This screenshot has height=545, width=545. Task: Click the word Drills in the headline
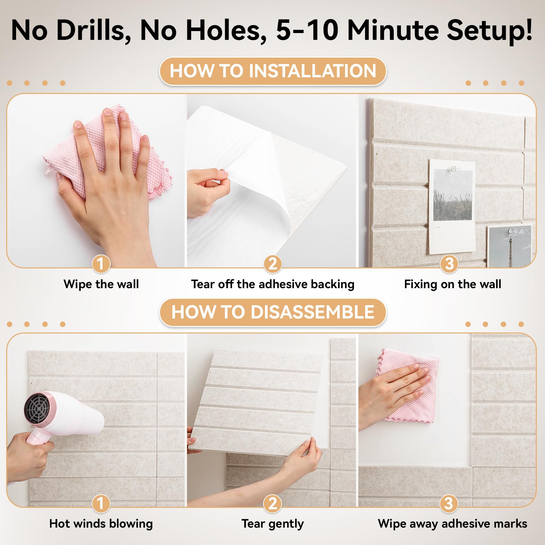[94, 31]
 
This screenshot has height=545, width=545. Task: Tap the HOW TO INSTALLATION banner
[273, 71]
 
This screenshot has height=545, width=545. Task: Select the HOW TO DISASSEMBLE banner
[273, 312]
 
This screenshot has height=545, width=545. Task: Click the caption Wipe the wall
[101, 284]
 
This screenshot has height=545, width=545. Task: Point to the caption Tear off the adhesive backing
[273, 284]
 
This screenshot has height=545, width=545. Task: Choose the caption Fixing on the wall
[453, 284]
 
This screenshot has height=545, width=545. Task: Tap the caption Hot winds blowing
[101, 524]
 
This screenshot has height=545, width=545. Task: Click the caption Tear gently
[273, 524]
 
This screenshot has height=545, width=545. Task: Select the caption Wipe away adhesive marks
[453, 524]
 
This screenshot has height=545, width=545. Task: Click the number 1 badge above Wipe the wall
[101, 264]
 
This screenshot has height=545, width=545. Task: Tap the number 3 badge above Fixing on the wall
[449, 264]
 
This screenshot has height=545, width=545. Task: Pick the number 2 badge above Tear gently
[272, 503]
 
